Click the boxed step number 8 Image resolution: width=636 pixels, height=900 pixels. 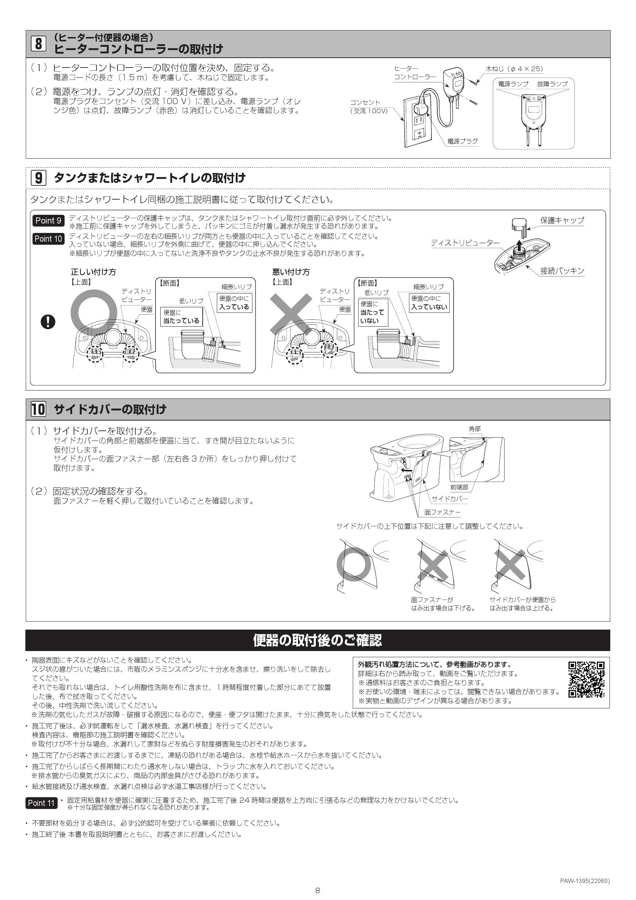(x=38, y=43)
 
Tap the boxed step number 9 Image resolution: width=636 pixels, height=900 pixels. (x=38, y=177)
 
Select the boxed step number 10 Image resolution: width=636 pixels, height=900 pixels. (x=38, y=409)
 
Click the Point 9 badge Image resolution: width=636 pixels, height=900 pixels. (x=48, y=221)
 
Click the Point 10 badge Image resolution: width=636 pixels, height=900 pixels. (x=48, y=239)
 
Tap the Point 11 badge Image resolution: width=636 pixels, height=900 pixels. (x=41, y=803)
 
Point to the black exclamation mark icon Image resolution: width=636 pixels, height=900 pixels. (x=48, y=322)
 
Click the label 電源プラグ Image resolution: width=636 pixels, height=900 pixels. (x=463, y=141)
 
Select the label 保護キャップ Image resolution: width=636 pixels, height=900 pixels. (x=562, y=220)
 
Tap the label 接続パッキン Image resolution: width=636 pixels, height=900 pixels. (x=562, y=270)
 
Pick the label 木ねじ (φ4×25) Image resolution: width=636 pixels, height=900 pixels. (x=514, y=69)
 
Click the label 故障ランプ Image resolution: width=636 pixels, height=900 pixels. (x=552, y=84)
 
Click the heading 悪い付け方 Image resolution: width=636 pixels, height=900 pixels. (x=290, y=272)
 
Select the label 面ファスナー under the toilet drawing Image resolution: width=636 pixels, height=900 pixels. (x=442, y=512)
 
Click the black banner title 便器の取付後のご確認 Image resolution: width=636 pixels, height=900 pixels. (x=317, y=640)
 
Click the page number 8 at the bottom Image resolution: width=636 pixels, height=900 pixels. (x=318, y=891)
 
